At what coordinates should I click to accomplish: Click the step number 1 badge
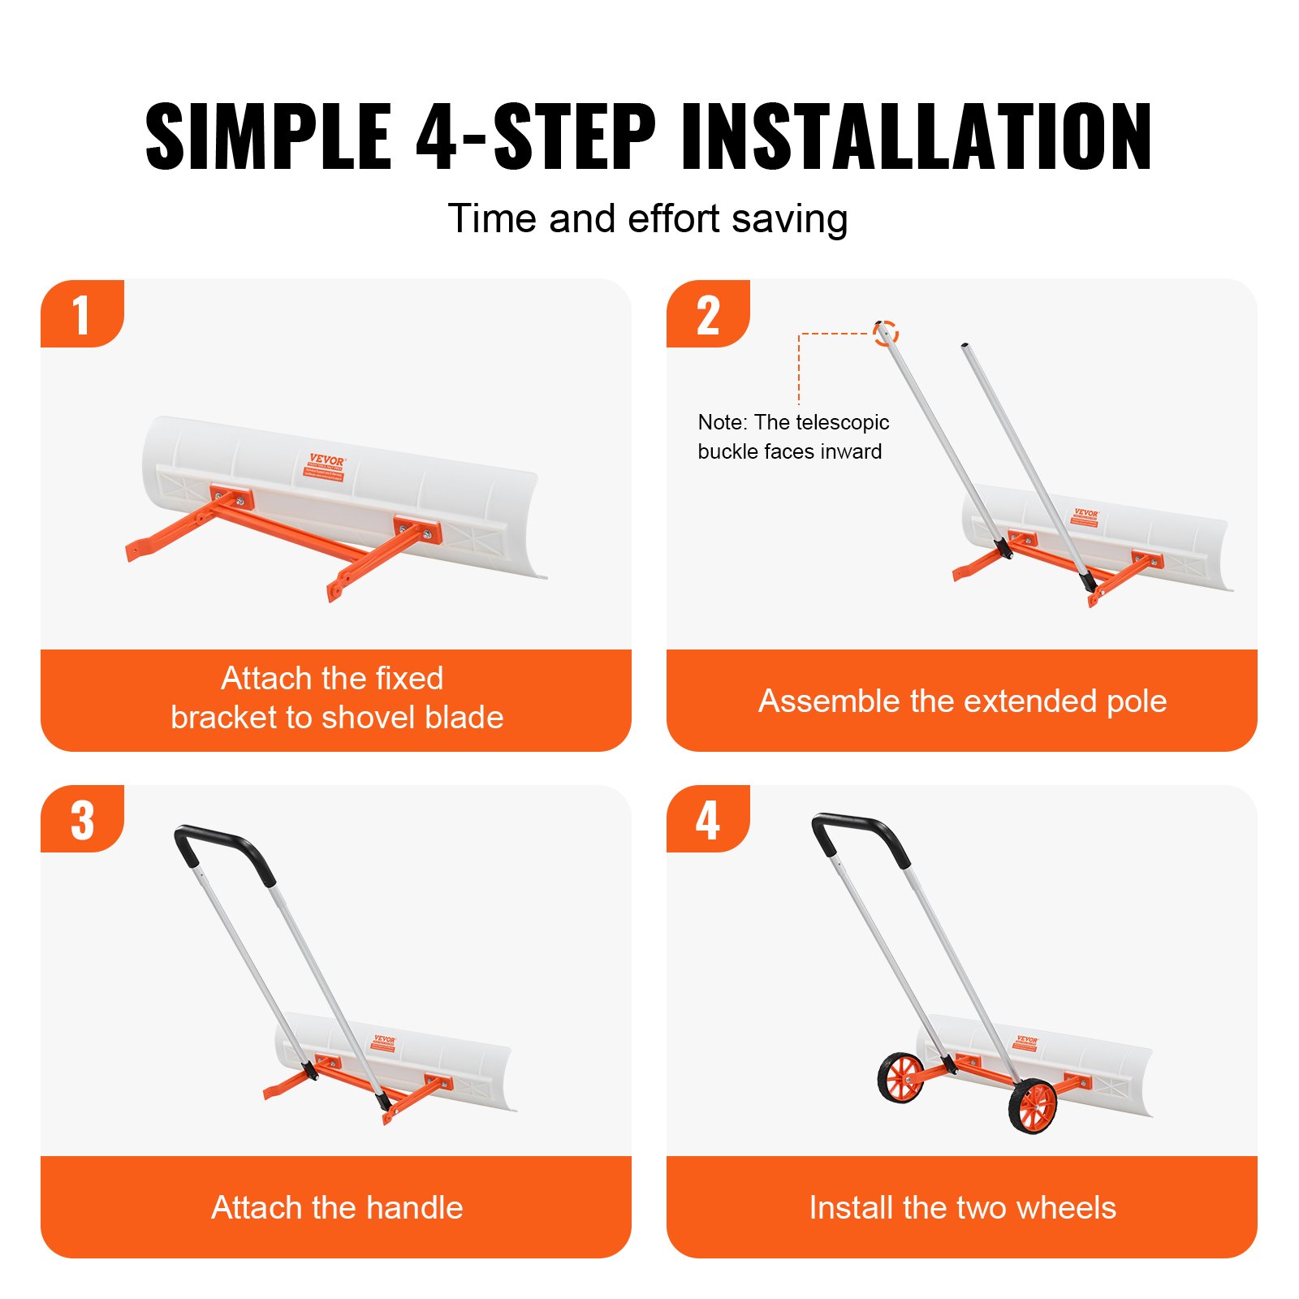pyautogui.click(x=81, y=314)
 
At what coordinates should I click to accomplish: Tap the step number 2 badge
pyautogui.click(x=707, y=314)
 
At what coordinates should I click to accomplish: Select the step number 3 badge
pyautogui.click(x=81, y=820)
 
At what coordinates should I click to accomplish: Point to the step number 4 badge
pyautogui.click(x=707, y=820)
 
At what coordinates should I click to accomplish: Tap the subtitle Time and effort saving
pyautogui.click(x=648, y=219)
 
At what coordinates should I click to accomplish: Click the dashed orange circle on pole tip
pyautogui.click(x=886, y=333)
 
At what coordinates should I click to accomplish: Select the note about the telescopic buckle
pyautogui.click(x=792, y=437)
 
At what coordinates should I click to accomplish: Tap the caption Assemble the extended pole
pyautogui.click(x=962, y=701)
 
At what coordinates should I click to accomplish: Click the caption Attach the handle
pyautogui.click(x=336, y=1207)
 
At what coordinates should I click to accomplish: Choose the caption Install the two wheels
pyautogui.click(x=962, y=1207)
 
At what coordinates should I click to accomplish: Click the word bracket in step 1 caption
pyautogui.click(x=216, y=718)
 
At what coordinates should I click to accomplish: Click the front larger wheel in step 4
pyautogui.click(x=1034, y=1106)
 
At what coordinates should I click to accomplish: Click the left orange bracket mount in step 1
pyautogui.click(x=232, y=497)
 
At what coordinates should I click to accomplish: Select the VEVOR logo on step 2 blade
pyautogui.click(x=1085, y=514)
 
